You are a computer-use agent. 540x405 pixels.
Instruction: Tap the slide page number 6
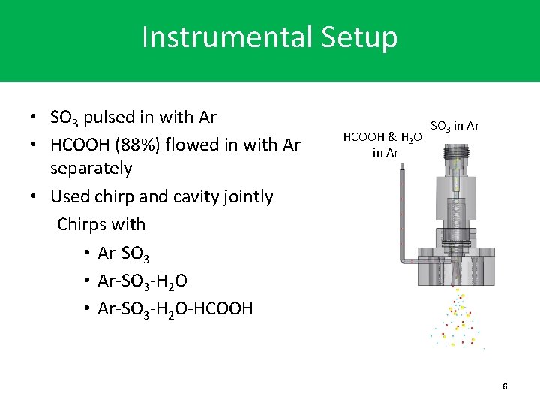coord(505,385)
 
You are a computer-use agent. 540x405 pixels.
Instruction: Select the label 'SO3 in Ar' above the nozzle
coord(454,126)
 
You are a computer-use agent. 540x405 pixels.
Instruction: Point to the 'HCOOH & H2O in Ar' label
coord(382,145)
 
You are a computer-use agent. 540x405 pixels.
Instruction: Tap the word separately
coord(91,168)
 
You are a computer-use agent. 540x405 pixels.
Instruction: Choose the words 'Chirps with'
coord(101,224)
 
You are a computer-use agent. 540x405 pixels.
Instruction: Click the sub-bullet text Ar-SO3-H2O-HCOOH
coord(175,308)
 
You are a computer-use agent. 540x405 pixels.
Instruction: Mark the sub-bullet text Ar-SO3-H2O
coord(142,280)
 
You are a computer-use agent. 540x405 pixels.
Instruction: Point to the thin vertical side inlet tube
coord(402,214)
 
